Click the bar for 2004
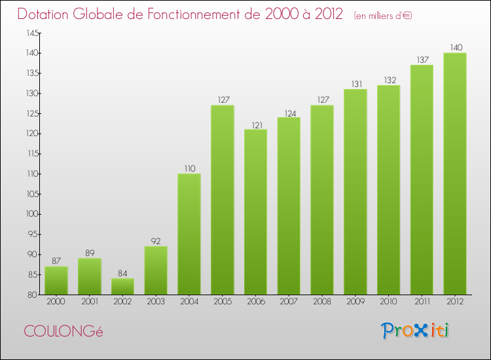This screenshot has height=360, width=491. pyautogui.click(x=189, y=234)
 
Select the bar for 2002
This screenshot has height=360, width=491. pyautogui.click(x=122, y=287)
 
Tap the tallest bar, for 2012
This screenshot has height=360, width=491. pyautogui.click(x=455, y=173)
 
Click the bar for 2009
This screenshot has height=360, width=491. pyautogui.click(x=355, y=192)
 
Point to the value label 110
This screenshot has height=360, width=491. pyautogui.click(x=189, y=168)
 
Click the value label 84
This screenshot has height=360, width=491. pyautogui.click(x=122, y=273)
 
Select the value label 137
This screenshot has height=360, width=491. pyautogui.click(x=422, y=60)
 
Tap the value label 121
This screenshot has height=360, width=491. pyautogui.click(x=255, y=124)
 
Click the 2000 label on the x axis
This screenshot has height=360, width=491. pyautogui.click(x=56, y=302)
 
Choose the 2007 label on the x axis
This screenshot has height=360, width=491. pyautogui.click(x=289, y=302)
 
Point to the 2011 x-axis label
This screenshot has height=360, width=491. pyautogui.click(x=422, y=302)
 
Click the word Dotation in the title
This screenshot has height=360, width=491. pyautogui.click(x=45, y=14)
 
